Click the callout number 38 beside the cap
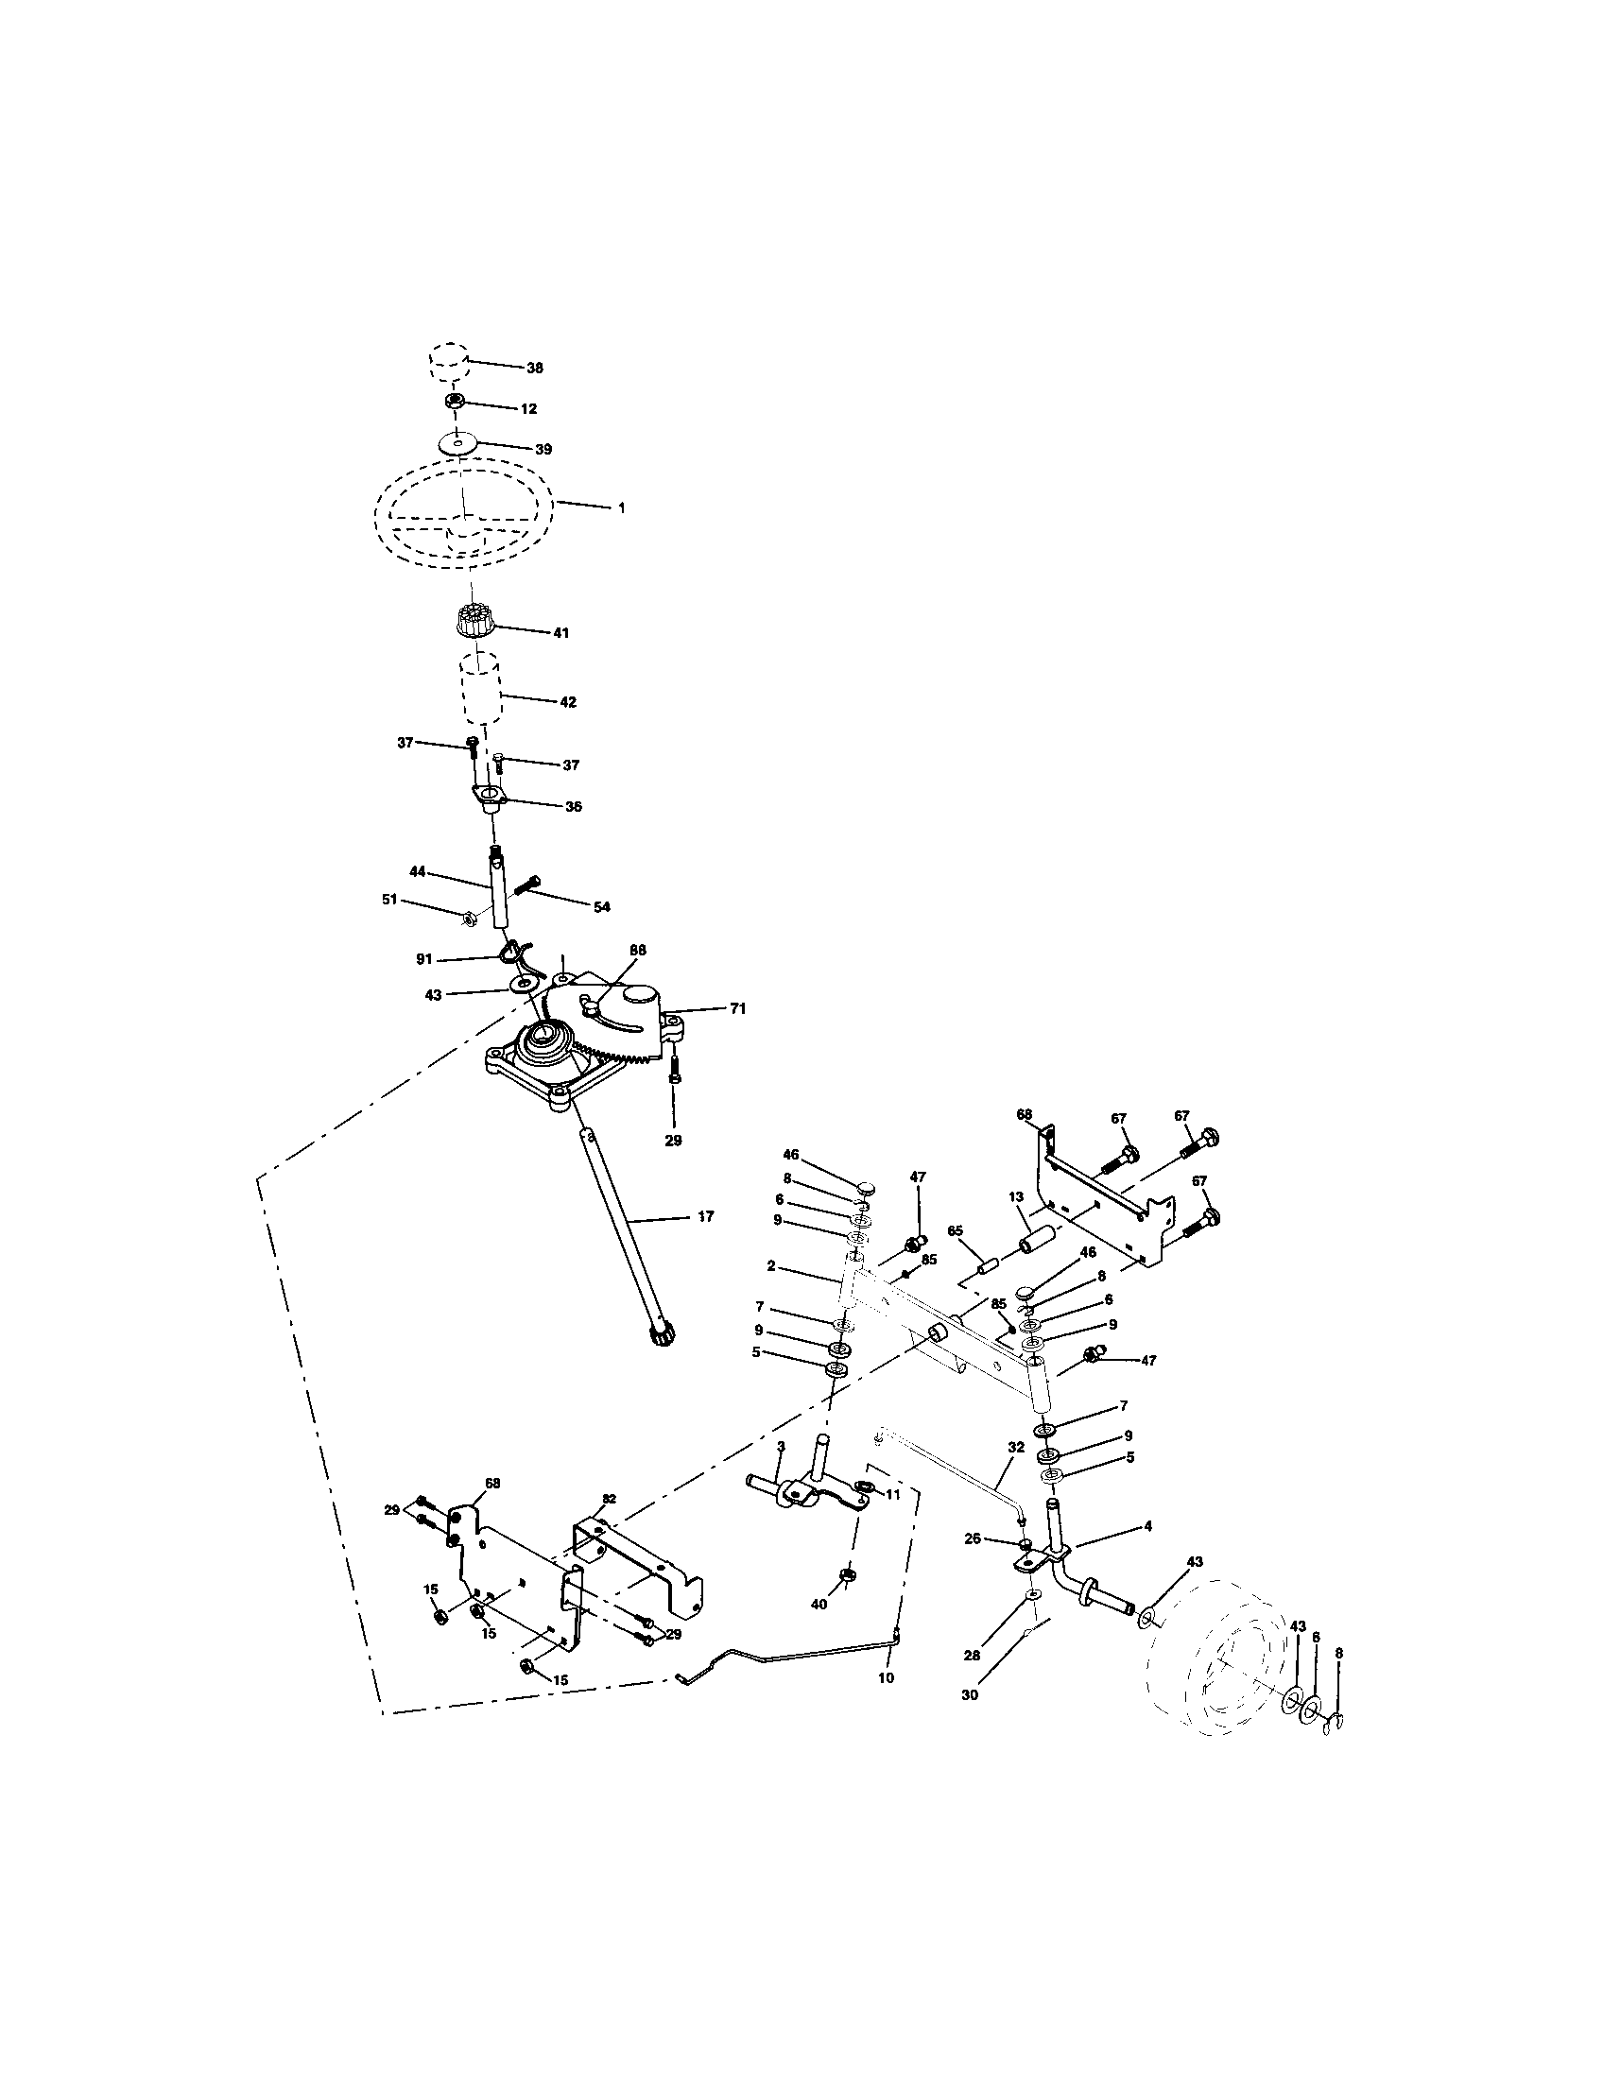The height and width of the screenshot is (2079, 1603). (x=535, y=368)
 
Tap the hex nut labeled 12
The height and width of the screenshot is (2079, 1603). (x=455, y=402)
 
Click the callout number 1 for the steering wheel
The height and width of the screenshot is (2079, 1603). (x=622, y=508)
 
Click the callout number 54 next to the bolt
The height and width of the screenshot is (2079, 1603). (x=602, y=907)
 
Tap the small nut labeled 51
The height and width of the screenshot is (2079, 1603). (x=470, y=919)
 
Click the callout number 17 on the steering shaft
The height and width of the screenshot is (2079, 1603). (x=705, y=1215)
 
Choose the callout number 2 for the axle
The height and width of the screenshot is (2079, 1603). (x=770, y=1266)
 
